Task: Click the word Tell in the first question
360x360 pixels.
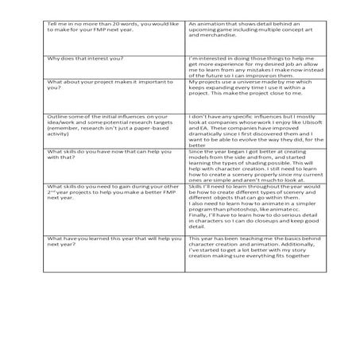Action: tap(53, 25)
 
